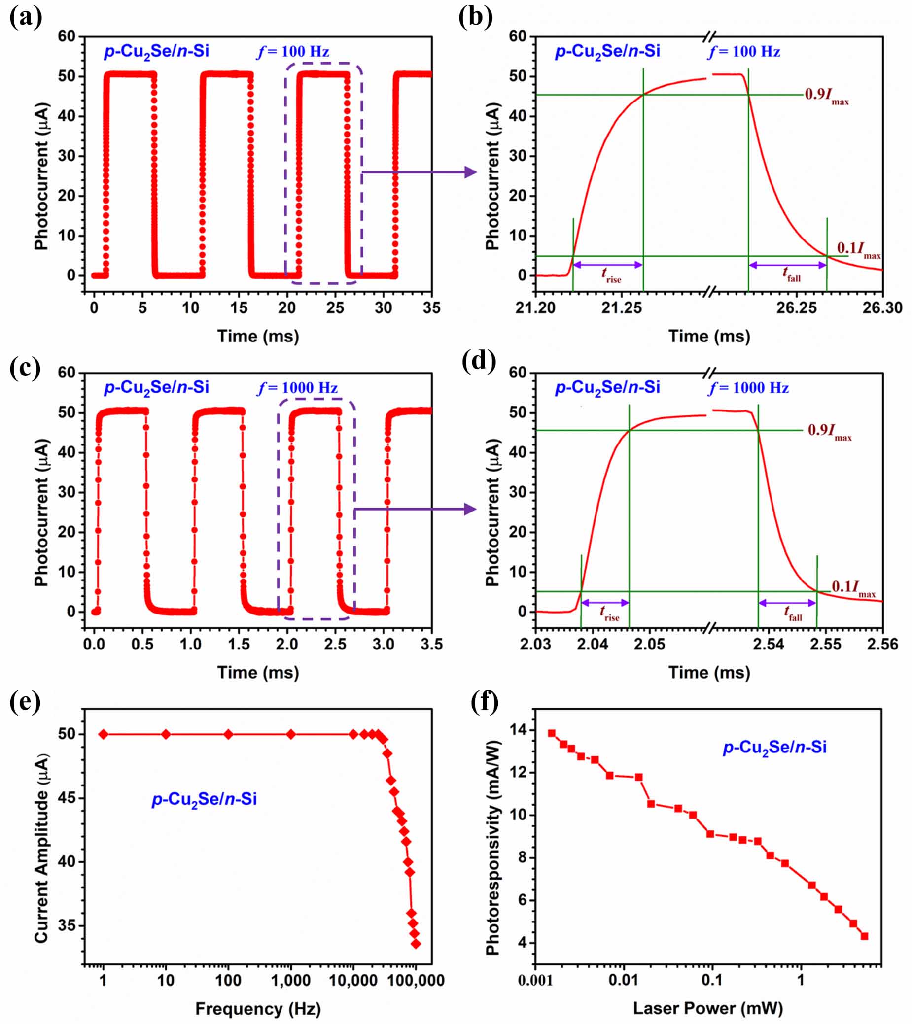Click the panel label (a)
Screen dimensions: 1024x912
click(x=26, y=19)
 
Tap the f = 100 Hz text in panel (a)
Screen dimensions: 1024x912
click(x=293, y=52)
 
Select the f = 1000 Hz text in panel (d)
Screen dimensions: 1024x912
click(x=749, y=388)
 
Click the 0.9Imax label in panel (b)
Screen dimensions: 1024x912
click(x=827, y=96)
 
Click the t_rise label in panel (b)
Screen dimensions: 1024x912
click(x=611, y=275)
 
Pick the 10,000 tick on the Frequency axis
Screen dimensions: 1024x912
click(x=353, y=980)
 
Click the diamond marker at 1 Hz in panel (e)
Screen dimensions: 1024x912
click(x=103, y=734)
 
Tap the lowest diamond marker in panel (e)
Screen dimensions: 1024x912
click(x=416, y=944)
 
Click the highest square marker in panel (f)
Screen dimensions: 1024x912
click(x=552, y=733)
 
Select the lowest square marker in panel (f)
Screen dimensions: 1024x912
click(x=864, y=936)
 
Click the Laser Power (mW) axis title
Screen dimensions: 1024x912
click(x=707, y=1008)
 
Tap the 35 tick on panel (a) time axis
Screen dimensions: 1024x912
click(x=431, y=307)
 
